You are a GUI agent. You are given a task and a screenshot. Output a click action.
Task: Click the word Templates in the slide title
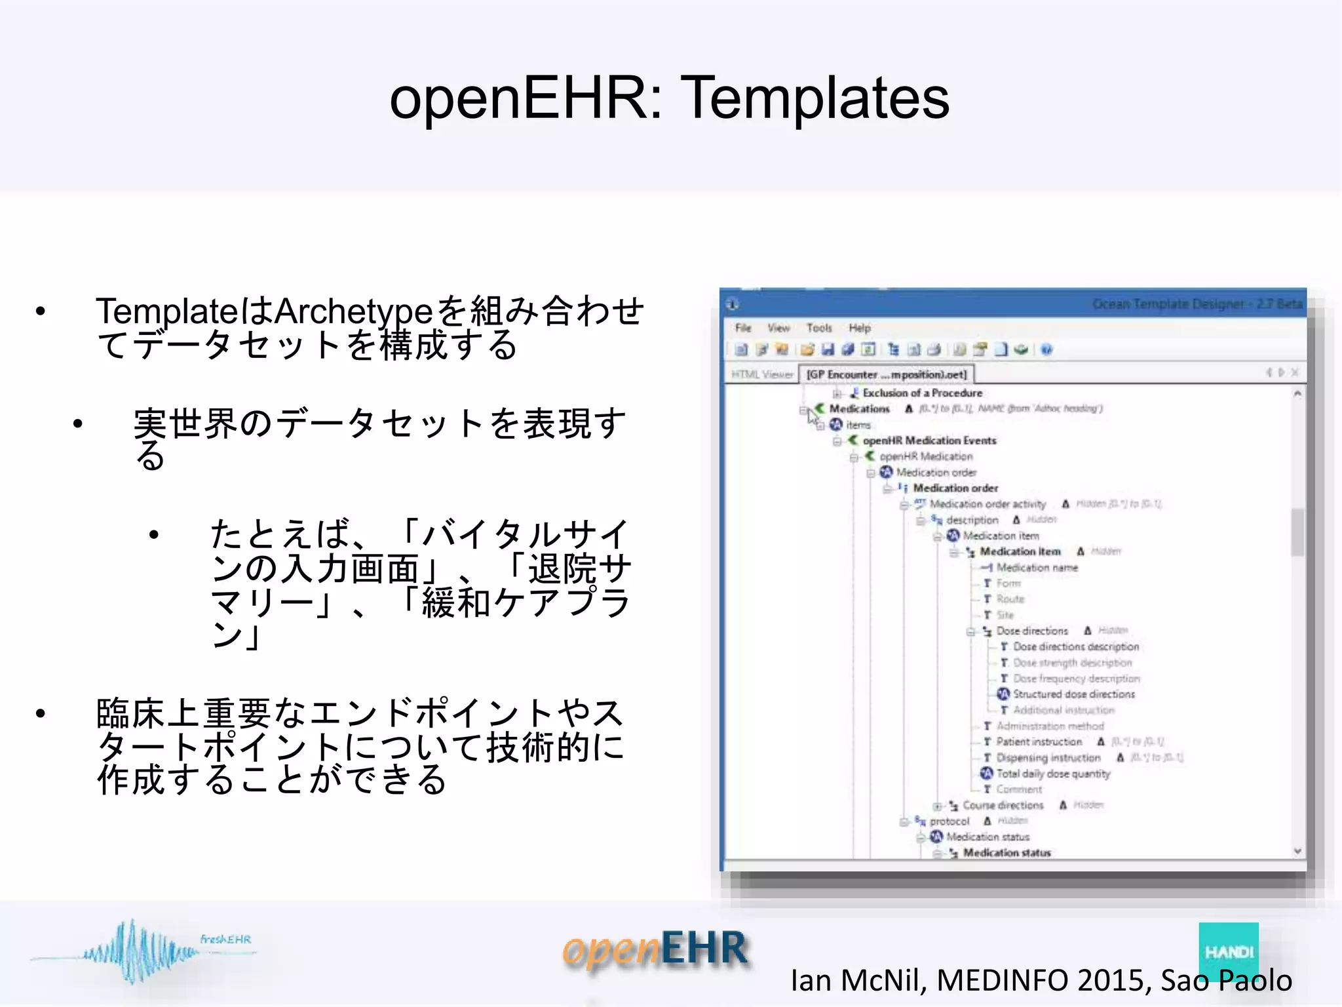(815, 98)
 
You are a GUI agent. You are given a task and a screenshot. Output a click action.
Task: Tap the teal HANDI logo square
(1228, 951)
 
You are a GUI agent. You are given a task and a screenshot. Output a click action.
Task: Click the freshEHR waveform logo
(141, 951)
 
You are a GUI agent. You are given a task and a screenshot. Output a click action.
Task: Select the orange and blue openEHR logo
(655, 949)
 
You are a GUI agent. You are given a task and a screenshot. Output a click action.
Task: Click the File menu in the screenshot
(743, 328)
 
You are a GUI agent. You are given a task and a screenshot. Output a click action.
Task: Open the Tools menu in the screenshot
(819, 328)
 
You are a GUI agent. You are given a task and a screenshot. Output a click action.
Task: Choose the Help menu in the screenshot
(860, 328)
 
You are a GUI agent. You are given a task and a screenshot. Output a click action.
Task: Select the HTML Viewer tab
(762, 374)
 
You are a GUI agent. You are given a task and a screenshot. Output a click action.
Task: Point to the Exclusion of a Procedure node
(922, 393)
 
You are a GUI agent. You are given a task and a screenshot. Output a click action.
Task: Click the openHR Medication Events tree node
(929, 441)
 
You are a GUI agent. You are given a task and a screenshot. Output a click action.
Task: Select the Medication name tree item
(1037, 568)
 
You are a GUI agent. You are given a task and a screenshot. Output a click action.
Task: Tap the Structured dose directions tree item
(1073, 694)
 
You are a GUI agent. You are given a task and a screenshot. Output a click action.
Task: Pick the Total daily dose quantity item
(1053, 774)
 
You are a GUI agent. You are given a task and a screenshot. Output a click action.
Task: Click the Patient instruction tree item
(1039, 742)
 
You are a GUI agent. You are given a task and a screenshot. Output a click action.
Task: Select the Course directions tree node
(1003, 805)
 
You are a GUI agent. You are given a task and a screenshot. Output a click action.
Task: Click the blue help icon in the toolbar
(1046, 349)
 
